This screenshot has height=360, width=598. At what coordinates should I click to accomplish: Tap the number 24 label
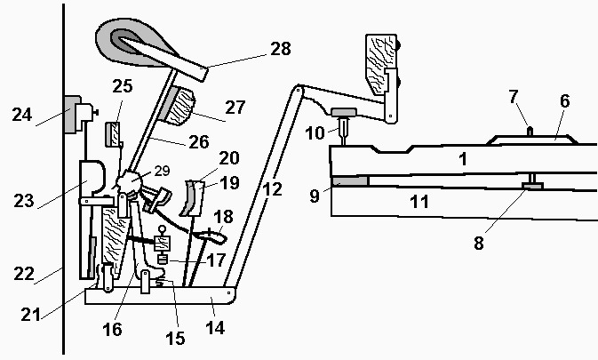(x=22, y=114)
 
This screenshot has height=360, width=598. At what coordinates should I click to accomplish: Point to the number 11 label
(x=419, y=201)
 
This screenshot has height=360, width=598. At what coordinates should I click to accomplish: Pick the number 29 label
(x=160, y=170)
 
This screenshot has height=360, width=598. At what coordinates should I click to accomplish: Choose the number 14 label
(x=215, y=328)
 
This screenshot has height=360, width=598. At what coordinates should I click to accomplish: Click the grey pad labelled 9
(x=348, y=181)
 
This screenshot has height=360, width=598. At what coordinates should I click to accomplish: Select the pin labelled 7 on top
(x=530, y=131)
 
